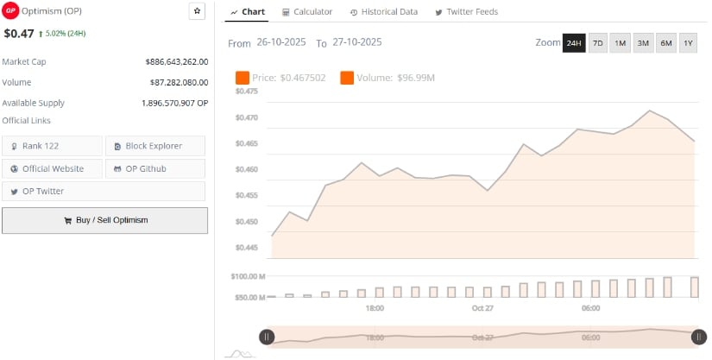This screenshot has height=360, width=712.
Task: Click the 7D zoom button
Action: point(597,43)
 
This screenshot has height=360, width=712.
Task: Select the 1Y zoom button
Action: point(688,43)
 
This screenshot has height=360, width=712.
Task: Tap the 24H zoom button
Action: point(574,43)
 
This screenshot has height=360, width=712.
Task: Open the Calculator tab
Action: point(307,12)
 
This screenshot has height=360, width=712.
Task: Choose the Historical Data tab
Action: point(384,12)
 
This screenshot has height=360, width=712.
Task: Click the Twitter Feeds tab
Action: point(466,12)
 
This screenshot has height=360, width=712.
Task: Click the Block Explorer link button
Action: point(155,146)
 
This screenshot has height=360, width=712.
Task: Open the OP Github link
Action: point(155,168)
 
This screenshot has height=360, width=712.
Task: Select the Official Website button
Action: point(52,168)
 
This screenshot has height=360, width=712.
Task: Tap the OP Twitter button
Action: point(52,191)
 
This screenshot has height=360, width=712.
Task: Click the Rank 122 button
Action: point(52,146)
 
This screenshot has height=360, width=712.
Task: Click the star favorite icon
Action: point(197,11)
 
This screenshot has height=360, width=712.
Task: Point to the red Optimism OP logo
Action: point(11,10)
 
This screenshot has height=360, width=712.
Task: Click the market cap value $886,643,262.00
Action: point(176,62)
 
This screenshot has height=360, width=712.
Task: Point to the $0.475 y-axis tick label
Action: point(247,91)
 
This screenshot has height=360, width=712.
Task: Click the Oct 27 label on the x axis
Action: point(482,308)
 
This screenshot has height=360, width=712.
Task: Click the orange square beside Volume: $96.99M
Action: point(348,79)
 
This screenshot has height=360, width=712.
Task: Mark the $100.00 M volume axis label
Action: point(249,276)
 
